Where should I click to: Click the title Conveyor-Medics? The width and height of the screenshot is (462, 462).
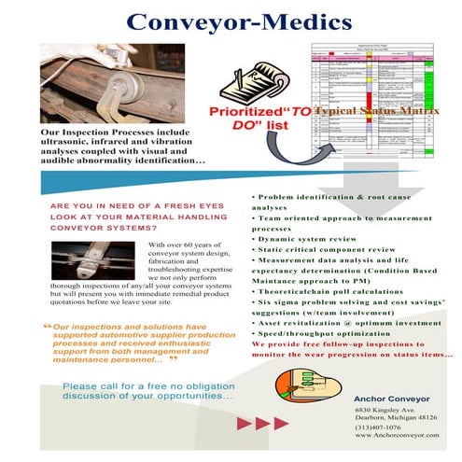click(230, 21)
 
